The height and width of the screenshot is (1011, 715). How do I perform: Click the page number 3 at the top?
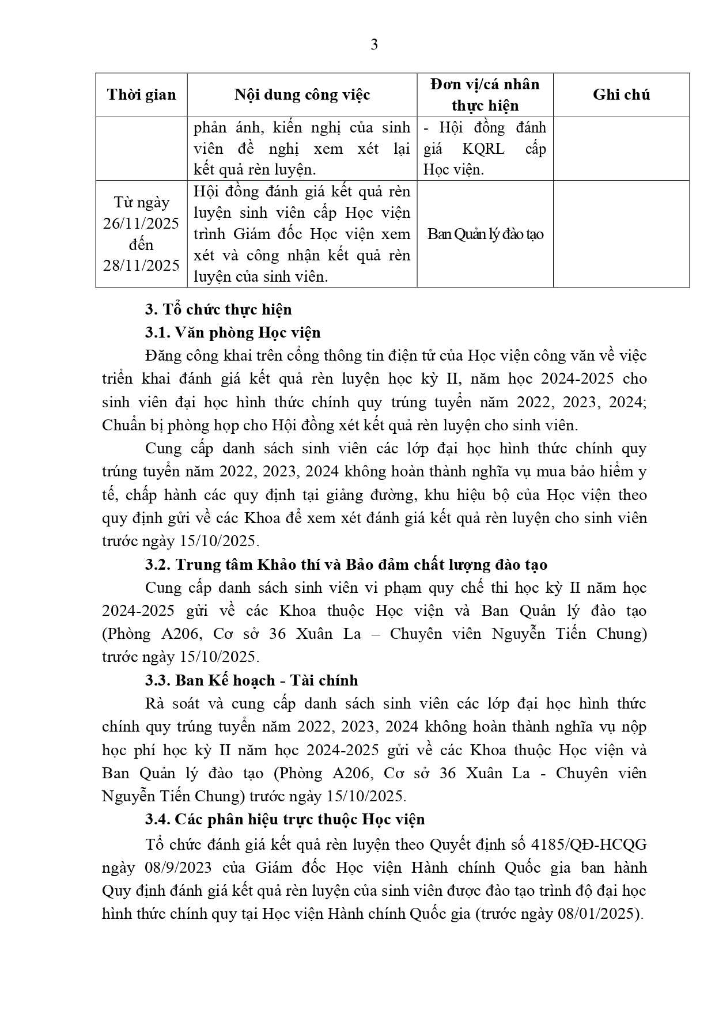(374, 44)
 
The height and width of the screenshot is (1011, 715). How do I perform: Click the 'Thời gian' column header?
(141, 94)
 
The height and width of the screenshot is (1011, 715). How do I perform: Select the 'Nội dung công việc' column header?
(302, 94)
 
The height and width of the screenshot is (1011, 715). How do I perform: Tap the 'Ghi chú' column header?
(621, 94)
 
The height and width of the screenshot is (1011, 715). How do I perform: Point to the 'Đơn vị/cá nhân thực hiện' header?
(485, 94)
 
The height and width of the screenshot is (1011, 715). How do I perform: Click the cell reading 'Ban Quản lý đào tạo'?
(485, 234)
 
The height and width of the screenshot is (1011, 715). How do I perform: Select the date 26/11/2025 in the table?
(141, 224)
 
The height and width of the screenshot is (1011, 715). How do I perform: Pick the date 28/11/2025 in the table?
(141, 265)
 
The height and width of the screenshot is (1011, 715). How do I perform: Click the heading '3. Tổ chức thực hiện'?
(218, 309)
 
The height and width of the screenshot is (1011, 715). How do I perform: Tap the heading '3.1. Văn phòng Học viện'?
(233, 332)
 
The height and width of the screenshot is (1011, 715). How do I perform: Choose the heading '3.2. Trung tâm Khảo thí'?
(346, 565)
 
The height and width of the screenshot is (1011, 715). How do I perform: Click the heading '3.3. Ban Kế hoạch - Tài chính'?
(251, 680)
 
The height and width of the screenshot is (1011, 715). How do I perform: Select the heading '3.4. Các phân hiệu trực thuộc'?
(285, 819)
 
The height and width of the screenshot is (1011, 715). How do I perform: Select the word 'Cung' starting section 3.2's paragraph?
(163, 588)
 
